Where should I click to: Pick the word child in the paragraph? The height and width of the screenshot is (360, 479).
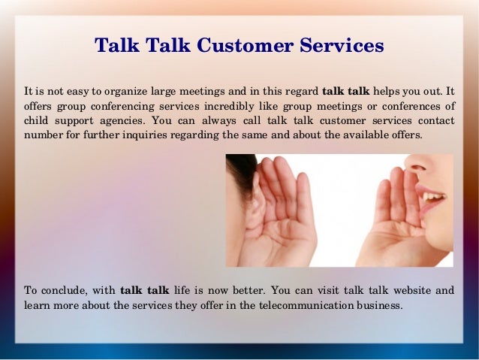35,120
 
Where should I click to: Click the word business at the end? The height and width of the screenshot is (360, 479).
381,305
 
